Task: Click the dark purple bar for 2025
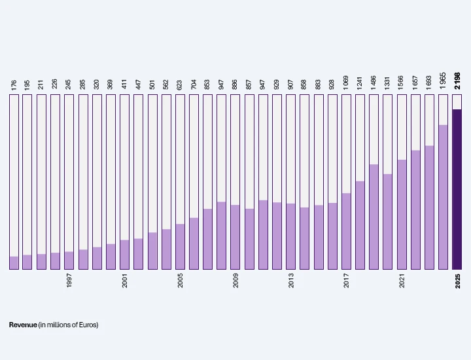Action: point(457,189)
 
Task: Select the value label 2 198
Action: point(457,81)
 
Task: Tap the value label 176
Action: point(14,84)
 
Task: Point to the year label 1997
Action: point(69,280)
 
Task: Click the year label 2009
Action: point(235,280)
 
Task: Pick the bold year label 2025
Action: point(457,281)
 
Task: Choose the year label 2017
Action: point(346,280)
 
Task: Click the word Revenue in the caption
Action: point(23,325)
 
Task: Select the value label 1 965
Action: point(443,81)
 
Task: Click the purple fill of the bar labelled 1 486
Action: point(374,217)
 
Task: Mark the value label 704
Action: point(194,84)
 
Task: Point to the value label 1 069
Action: point(346,82)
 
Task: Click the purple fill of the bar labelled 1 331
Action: point(387,222)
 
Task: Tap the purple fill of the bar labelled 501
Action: point(152,251)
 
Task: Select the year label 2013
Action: point(291,280)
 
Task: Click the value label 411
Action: point(124,84)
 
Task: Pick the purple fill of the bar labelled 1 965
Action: point(443,197)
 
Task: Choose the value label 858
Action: point(304,84)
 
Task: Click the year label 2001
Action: point(125,280)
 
